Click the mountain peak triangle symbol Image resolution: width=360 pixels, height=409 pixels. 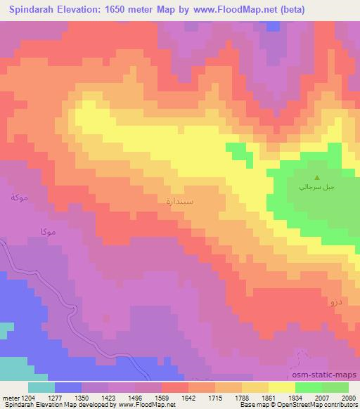point(316,178)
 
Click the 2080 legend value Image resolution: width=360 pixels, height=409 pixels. point(347,398)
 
